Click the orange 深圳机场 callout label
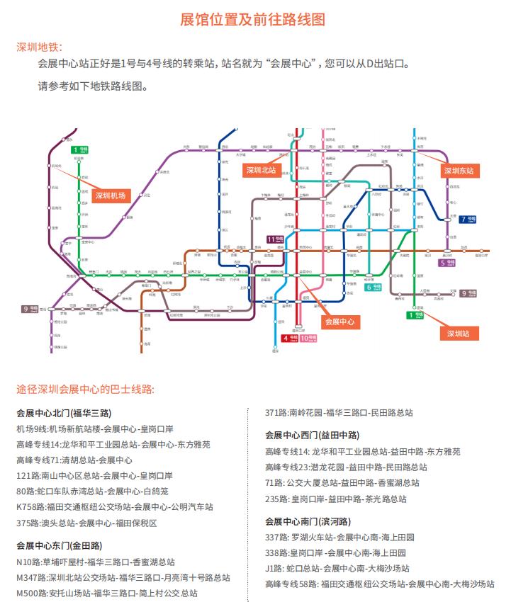(112, 196)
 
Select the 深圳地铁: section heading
(39, 47)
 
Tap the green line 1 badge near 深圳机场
(79, 149)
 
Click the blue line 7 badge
(468, 219)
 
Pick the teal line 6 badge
(374, 287)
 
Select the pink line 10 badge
(308, 339)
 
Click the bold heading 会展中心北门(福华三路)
(64, 413)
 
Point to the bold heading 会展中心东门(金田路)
(59, 545)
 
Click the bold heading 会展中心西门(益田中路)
(312, 435)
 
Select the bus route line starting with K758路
(114, 506)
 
